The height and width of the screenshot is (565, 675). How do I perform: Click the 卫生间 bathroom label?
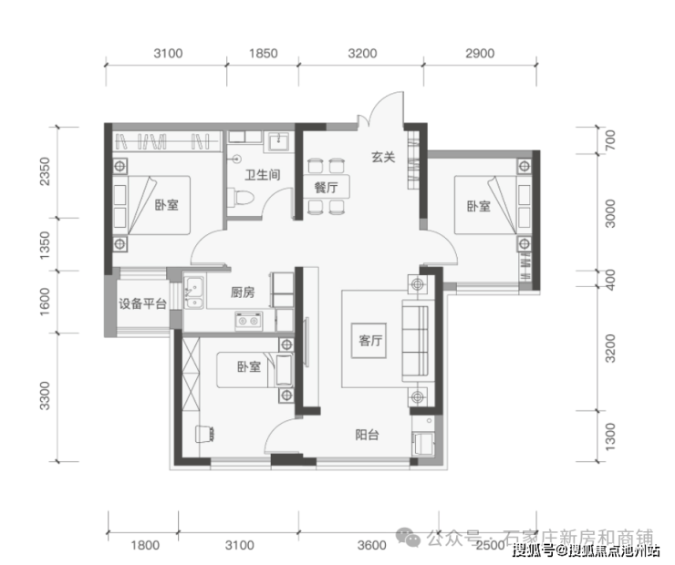coord(262,175)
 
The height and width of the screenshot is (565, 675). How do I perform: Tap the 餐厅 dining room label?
coord(326,188)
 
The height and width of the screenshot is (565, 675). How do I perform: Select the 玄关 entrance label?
coord(383,157)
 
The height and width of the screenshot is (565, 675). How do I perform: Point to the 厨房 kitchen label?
coord(243,293)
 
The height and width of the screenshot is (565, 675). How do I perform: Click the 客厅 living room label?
coord(370,341)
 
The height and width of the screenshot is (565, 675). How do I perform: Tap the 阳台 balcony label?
coord(367,435)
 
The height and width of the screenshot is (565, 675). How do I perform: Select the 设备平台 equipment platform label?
coord(142,304)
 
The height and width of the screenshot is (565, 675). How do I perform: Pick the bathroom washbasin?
coord(278,140)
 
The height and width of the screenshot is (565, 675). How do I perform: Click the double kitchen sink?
coord(193,293)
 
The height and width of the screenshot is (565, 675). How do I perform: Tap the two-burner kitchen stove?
coord(248,321)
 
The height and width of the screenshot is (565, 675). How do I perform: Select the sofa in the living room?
coord(415,340)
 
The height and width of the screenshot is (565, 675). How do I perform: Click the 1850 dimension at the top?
coord(263,54)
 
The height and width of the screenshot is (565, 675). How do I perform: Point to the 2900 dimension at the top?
coord(480,54)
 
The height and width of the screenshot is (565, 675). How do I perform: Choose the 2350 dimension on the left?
coord(45,171)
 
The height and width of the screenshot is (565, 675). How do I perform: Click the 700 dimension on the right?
coord(610,139)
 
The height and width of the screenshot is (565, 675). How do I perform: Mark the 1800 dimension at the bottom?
coord(145,545)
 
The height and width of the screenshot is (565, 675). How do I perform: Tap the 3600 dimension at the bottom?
coord(371,545)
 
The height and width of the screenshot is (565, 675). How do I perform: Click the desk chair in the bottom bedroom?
coord(205,434)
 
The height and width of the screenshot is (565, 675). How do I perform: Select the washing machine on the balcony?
coord(423,444)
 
